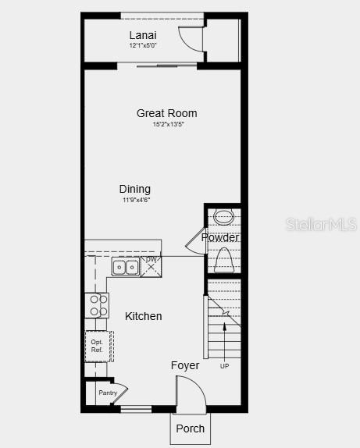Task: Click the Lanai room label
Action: tap(143, 35)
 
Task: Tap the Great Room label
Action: tap(166, 113)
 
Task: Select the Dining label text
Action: tap(135, 189)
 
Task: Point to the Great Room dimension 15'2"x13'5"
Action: tap(168, 124)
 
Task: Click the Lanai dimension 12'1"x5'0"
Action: tap(143, 45)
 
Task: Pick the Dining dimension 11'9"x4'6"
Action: tap(136, 200)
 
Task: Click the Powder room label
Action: tap(220, 237)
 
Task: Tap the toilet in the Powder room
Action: tap(225, 258)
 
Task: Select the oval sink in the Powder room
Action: tap(224, 217)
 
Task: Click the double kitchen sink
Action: tap(125, 267)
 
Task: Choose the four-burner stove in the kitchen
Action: tap(98, 305)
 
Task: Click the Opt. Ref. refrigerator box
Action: tap(98, 346)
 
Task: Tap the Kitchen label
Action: tap(144, 316)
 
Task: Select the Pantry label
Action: tap(108, 393)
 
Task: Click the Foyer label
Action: tap(185, 365)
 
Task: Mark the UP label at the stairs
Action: tap(225, 366)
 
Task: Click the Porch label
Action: tap(190, 428)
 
